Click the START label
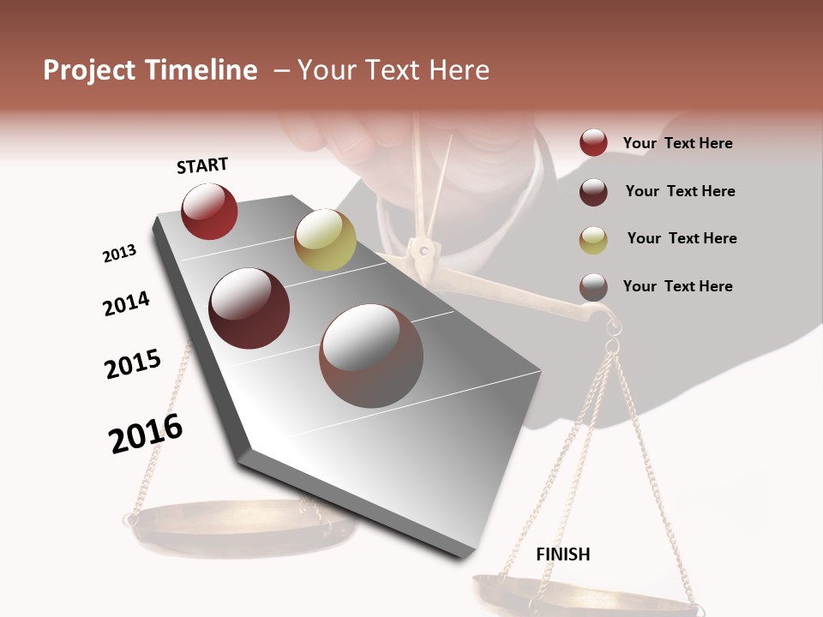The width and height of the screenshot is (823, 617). tap(202, 165)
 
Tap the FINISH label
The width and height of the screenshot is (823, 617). tap(563, 554)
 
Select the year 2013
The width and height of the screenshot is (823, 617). tap(119, 254)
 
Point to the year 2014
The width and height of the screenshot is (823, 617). tap(126, 303)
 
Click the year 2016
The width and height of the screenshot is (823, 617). tap(146, 434)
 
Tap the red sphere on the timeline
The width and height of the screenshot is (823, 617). tap(209, 212)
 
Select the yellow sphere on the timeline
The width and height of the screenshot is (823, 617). tap(325, 240)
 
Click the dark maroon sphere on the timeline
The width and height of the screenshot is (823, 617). tap(249, 308)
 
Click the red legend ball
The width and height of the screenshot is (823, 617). tap(593, 143)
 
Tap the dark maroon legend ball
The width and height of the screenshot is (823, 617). tap(593, 191)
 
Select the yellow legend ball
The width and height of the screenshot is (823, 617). tap(593, 239)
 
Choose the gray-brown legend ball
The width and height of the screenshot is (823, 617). tap(593, 287)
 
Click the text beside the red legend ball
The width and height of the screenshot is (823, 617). tap(677, 143)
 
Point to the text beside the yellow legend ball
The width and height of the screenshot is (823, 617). tap(682, 238)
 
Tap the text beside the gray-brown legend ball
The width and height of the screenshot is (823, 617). tap(677, 286)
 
